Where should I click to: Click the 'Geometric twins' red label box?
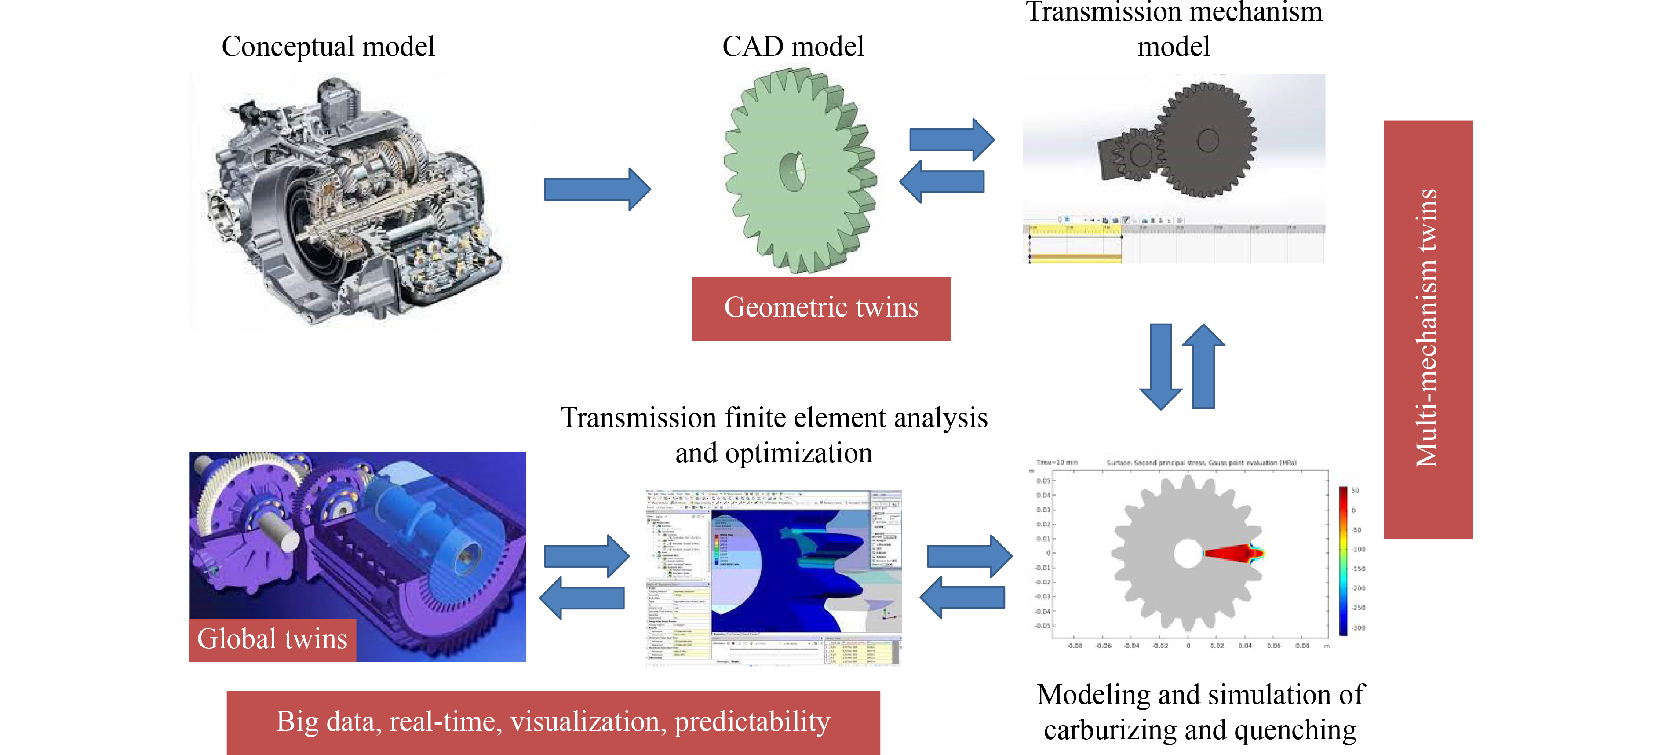click(x=821, y=308)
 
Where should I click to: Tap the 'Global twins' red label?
click(x=272, y=639)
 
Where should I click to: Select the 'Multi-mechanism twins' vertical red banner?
click(x=1427, y=329)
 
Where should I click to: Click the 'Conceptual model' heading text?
click(x=328, y=47)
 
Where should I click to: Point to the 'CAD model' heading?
click(x=792, y=47)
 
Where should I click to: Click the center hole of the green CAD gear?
click(x=792, y=171)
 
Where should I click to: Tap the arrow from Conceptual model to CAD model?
click(x=597, y=189)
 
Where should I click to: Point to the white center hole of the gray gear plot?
click(x=1187, y=554)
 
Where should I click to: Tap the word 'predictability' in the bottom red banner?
click(x=752, y=722)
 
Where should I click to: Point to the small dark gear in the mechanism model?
click(x=1140, y=154)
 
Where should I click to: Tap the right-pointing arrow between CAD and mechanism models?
click(x=951, y=139)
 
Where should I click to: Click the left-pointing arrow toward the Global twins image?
click(x=581, y=598)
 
